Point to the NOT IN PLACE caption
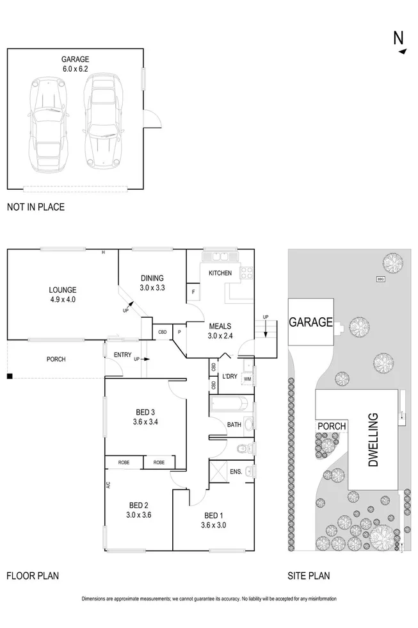tap(36, 207)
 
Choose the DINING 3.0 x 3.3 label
tap(152, 283)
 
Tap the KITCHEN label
tap(220, 274)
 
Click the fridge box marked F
tap(193, 293)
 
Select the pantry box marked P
tap(179, 332)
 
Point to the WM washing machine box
tap(247, 379)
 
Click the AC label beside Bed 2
tap(109, 486)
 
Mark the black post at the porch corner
tap(10, 376)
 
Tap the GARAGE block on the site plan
tap(310, 322)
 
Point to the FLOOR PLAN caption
tap(33, 576)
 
